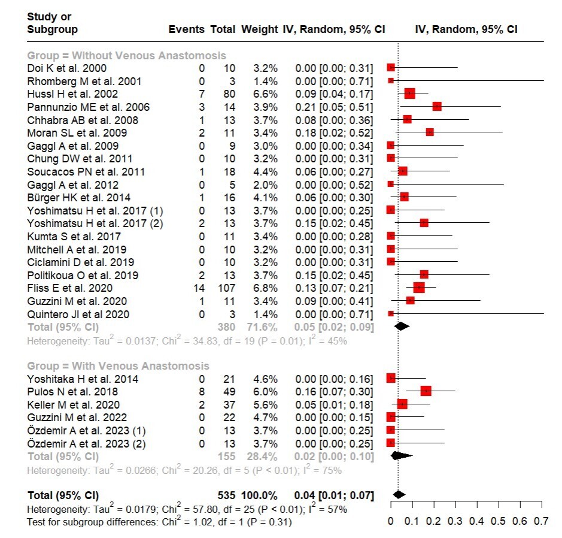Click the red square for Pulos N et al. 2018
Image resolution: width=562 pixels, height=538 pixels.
tap(426, 391)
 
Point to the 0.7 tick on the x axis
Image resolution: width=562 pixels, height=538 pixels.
tap(541, 521)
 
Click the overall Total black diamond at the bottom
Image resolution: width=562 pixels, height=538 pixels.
tap(399, 495)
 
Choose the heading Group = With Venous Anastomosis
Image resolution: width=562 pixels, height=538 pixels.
tap(119, 366)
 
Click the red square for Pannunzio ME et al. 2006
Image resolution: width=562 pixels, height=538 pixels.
tap(436, 107)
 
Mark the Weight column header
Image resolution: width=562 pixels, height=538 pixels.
tap(259, 29)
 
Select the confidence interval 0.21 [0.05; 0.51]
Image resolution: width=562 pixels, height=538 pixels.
tap(333, 107)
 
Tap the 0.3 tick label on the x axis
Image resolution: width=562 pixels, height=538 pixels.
tap(455, 521)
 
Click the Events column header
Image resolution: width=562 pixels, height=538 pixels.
tap(186, 29)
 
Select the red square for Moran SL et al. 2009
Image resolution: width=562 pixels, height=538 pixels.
tap(429, 132)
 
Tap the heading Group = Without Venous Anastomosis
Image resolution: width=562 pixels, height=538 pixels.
tap(127, 56)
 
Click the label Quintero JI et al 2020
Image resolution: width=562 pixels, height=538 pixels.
tap(78, 314)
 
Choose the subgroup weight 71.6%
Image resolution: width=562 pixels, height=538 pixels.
tap(260, 327)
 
